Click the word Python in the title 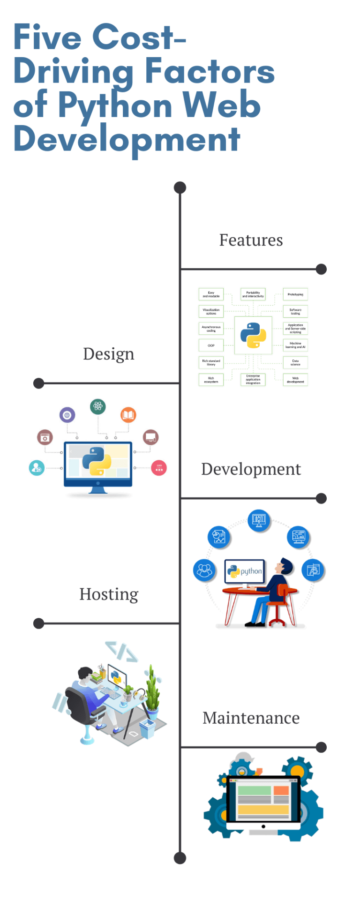click(115, 105)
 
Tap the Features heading click(251, 240)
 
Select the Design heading click(109, 354)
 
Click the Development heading click(251, 469)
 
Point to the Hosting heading click(109, 594)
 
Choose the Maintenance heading click(251, 718)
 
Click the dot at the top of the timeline click(180, 187)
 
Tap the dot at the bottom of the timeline click(180, 858)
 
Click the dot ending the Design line click(39, 383)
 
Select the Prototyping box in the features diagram click(295, 294)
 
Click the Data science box click(295, 362)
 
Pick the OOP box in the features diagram click(211, 345)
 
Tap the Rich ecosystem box click(211, 380)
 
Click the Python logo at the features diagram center click(253, 335)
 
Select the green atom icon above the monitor click(98, 406)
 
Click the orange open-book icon click(128, 415)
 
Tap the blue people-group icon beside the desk click(204, 570)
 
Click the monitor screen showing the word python click(245, 571)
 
